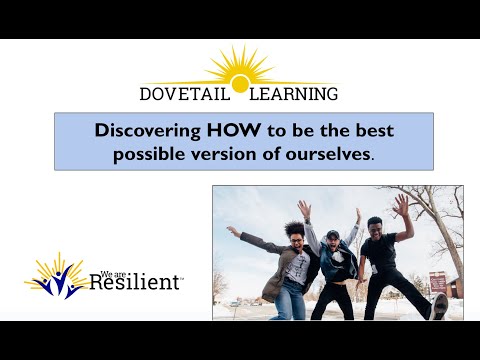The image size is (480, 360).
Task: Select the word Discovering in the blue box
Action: click(x=142, y=131)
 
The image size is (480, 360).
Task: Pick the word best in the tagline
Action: click(x=362, y=131)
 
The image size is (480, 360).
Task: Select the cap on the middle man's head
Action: click(x=332, y=234)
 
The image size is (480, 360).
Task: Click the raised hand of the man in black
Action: click(x=402, y=203)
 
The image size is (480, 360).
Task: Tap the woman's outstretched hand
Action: click(x=232, y=231)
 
